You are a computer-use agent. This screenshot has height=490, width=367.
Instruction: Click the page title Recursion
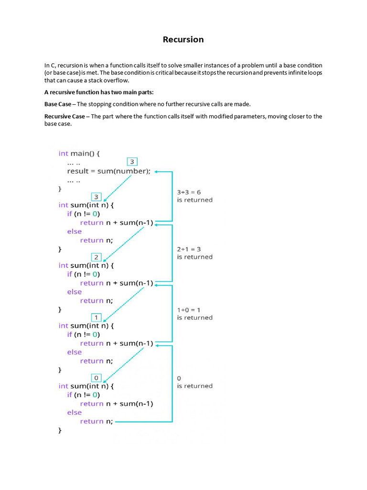pos(183,39)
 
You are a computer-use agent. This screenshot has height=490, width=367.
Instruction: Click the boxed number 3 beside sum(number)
pos(133,162)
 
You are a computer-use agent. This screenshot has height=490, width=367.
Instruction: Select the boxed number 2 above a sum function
pos(96,257)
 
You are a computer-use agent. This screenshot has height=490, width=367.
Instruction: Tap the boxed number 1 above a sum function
pos(96,317)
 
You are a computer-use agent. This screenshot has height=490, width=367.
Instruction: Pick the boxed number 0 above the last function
pos(96,378)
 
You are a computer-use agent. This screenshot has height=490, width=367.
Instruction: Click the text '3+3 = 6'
pos(189,192)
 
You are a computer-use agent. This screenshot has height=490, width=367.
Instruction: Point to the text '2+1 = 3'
pos(189,249)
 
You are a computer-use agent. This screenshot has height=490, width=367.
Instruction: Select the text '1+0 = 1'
pos(189,310)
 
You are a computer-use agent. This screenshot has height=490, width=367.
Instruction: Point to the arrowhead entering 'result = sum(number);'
pos(157,171)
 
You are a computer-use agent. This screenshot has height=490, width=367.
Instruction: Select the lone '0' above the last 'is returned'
pos(179,379)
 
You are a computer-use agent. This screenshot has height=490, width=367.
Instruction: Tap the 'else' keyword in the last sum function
pos(75,412)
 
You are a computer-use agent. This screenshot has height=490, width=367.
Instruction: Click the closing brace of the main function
pos(60,189)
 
